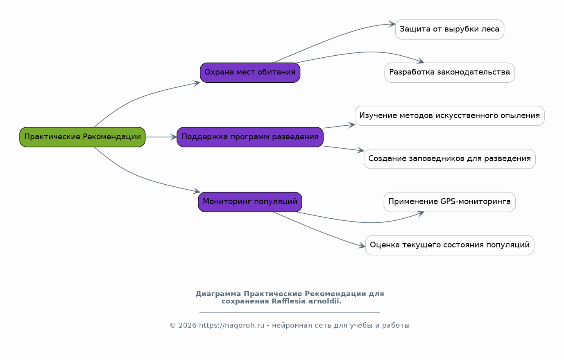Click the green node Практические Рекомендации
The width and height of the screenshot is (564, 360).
point(82,137)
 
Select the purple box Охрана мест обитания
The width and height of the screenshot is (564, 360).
point(250,72)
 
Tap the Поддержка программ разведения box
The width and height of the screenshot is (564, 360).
point(250,137)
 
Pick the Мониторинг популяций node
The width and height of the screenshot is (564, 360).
point(250,202)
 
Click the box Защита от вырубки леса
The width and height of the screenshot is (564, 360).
point(450,29)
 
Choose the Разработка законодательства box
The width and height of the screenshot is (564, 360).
point(450,72)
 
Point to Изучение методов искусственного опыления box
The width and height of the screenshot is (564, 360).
point(450,116)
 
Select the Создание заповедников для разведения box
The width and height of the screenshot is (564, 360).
point(450,159)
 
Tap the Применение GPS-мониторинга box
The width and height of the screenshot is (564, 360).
point(450,202)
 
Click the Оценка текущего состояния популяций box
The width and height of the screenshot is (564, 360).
point(450,245)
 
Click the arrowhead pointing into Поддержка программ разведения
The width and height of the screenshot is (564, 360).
point(174,137)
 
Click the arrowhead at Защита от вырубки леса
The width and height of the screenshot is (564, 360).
point(392,24)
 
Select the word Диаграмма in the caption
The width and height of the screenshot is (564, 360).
point(218,294)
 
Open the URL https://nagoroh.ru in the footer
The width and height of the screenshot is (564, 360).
point(232,326)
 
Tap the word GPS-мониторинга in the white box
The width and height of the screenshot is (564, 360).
point(476,202)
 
